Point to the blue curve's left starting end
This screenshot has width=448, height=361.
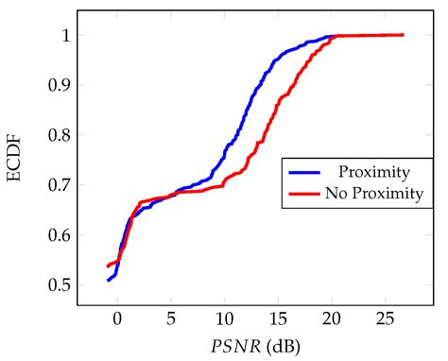pyautogui.click(x=109, y=281)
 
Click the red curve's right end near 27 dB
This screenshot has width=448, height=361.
pyautogui.click(x=404, y=35)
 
